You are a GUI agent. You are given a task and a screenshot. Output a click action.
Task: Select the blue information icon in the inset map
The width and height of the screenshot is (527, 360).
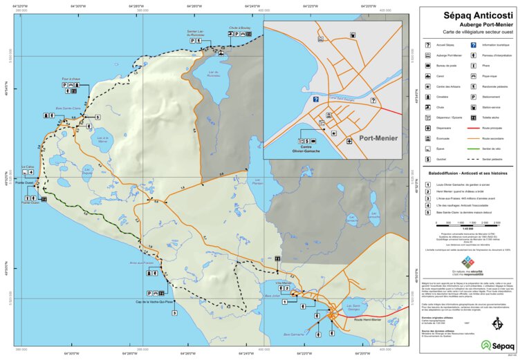[315, 100]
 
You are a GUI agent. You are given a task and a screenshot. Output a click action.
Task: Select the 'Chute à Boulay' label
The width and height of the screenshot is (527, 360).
[239, 28]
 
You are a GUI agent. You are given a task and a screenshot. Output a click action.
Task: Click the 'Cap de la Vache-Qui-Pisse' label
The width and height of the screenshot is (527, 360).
[154, 302]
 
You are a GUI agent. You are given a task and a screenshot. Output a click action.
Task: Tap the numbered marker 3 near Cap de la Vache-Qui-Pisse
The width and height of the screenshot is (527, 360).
[174, 313]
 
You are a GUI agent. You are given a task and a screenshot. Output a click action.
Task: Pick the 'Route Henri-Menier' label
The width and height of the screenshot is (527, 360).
[368, 319]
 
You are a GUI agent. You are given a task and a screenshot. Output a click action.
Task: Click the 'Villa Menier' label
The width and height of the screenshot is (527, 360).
[284, 283]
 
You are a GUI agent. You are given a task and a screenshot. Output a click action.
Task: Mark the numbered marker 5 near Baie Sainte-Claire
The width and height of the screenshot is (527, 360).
[98, 117]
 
